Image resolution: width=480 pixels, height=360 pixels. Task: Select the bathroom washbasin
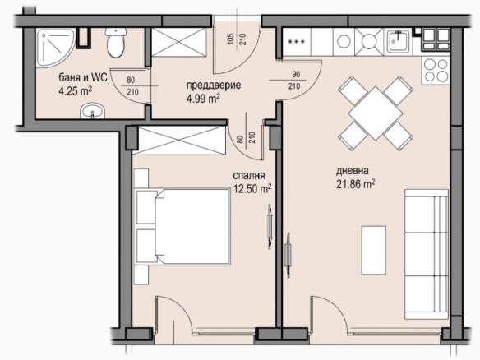tap(92, 111)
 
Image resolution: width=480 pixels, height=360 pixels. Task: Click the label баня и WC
tap(83, 77)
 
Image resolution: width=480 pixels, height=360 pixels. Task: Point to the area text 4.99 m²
tap(203, 99)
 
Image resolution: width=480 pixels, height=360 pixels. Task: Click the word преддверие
tap(214, 85)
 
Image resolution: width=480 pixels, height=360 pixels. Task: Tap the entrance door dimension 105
tap(231, 39)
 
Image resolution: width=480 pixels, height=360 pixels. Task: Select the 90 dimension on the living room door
tap(296, 75)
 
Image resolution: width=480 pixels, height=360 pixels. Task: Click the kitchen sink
tap(398, 42)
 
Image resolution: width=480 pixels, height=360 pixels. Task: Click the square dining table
tap(376, 113)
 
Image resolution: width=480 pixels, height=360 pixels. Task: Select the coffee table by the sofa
tap(374, 250)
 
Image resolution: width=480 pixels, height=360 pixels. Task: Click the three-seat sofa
tap(427, 254)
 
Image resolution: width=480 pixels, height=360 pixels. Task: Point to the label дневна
tap(353, 171)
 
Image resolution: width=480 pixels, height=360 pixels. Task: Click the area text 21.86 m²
tap(356, 184)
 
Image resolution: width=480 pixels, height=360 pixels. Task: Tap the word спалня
tap(249, 176)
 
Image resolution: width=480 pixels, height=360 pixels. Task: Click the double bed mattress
tap(193, 226)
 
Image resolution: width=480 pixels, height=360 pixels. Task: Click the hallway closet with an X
tap(179, 42)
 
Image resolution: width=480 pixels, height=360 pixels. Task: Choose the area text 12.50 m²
tap(252, 188)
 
